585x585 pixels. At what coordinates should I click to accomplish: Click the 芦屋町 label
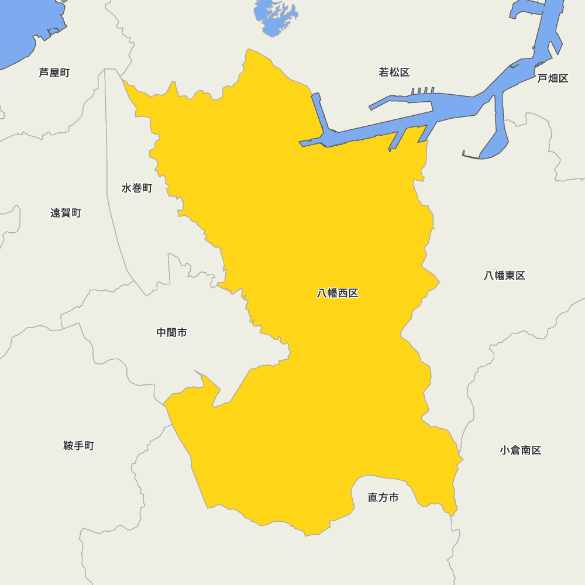click(x=54, y=73)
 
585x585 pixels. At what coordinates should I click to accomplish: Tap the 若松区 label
click(x=394, y=73)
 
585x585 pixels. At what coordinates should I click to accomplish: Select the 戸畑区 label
click(x=553, y=78)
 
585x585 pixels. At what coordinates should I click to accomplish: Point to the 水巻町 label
click(x=137, y=188)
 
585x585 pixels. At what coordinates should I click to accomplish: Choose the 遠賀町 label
click(x=66, y=213)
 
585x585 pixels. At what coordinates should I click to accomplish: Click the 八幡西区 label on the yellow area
click(x=338, y=293)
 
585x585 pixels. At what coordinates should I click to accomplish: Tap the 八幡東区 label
click(x=504, y=276)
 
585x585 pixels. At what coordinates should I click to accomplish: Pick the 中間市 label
click(x=172, y=332)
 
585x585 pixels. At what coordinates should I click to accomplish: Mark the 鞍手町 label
click(x=78, y=446)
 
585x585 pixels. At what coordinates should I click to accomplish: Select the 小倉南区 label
click(x=520, y=450)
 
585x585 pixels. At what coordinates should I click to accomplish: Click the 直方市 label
click(x=383, y=497)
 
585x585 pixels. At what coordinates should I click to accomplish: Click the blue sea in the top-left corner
click(x=23, y=29)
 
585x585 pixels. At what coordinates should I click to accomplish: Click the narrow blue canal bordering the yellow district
click(x=318, y=114)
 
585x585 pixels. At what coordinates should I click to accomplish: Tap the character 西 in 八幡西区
click(x=343, y=293)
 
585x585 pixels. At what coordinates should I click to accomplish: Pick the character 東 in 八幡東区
click(x=510, y=276)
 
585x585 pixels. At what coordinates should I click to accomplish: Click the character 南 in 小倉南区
click(x=525, y=450)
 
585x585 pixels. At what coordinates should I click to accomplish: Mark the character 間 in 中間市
click(x=172, y=332)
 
